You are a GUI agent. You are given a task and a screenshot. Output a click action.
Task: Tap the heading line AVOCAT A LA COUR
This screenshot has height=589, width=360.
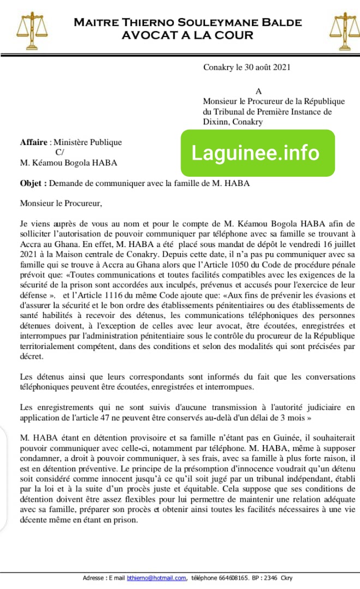(x=188, y=35)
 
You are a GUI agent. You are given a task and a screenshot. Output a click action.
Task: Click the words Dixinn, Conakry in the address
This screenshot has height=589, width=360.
(x=233, y=122)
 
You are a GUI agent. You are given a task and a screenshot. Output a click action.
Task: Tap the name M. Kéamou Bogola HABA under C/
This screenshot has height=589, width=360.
(x=69, y=163)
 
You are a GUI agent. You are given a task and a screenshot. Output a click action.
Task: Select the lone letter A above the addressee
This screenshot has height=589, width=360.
(x=259, y=92)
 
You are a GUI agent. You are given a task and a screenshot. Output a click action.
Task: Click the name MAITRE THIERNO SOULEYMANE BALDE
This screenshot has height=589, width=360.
(x=188, y=22)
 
